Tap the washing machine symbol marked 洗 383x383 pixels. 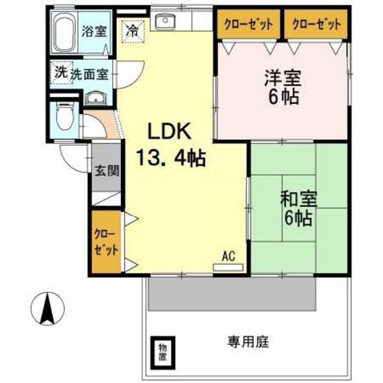[x=60, y=72]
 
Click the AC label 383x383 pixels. [x=228, y=256]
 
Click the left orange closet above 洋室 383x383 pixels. [x=248, y=24]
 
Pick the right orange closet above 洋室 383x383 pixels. [x=315, y=24]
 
